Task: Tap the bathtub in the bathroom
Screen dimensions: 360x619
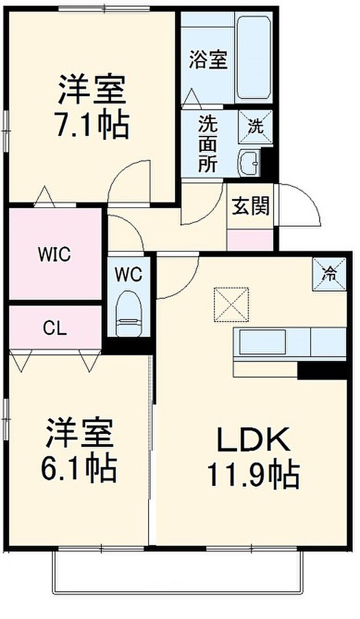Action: (x=254, y=59)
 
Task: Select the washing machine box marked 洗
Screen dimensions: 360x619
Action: (x=255, y=127)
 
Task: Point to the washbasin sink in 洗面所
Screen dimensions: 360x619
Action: (x=249, y=163)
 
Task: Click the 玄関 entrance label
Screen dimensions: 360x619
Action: (x=250, y=206)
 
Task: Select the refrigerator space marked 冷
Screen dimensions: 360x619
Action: (x=329, y=274)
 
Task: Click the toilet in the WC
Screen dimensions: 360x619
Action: (x=129, y=313)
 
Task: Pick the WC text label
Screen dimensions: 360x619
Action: (x=129, y=275)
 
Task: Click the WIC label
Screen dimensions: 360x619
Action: (x=55, y=255)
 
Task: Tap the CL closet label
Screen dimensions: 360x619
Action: (x=55, y=329)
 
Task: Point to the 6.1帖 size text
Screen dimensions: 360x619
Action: (x=79, y=470)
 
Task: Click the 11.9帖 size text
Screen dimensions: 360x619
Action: (x=254, y=474)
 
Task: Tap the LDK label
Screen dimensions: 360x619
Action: (x=254, y=439)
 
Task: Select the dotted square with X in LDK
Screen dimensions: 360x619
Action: (x=231, y=305)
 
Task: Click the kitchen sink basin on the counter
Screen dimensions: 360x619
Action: (x=262, y=342)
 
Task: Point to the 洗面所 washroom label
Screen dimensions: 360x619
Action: (x=208, y=144)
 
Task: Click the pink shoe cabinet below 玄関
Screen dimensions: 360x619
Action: (x=250, y=240)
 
